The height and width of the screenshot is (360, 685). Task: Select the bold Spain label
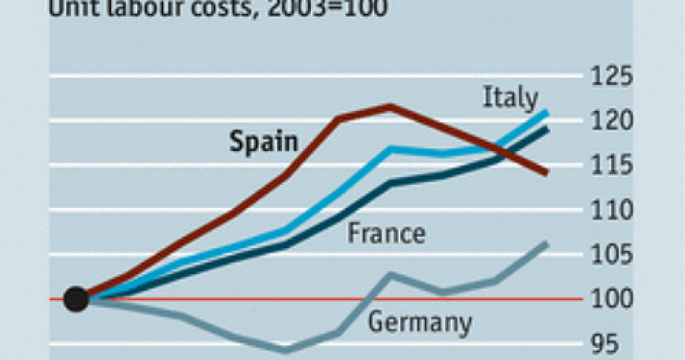(263, 143)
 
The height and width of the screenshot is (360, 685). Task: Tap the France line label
(386, 233)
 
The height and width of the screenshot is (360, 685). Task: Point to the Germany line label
(420, 323)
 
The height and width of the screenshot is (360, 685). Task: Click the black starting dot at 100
(77, 299)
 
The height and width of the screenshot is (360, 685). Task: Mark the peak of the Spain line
(390, 106)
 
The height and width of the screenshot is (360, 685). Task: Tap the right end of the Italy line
(547, 112)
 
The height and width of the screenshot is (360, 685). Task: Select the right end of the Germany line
(547, 243)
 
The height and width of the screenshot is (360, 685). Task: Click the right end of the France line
(547, 129)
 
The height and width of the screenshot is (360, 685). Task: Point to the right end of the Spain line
(547, 172)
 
